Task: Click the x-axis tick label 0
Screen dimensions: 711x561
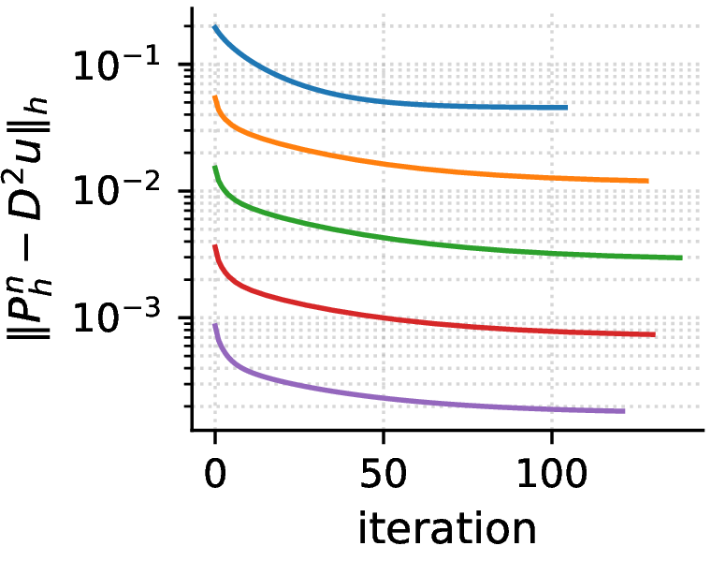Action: tap(215, 473)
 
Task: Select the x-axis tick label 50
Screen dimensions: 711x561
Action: tap(384, 473)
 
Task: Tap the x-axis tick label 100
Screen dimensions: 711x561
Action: tap(552, 473)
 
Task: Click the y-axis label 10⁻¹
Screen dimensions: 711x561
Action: tap(117, 65)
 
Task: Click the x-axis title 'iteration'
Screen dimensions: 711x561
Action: tap(447, 528)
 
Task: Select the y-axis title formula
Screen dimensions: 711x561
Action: tap(28, 218)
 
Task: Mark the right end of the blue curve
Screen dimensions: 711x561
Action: tap(567, 108)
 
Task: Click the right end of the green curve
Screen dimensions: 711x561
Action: tap(681, 258)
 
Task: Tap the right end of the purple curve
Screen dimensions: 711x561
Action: tap(624, 411)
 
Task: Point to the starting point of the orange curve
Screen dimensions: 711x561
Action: tap(215, 96)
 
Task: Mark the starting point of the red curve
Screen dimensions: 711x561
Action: tap(215, 246)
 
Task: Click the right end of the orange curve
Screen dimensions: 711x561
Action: tap(647, 181)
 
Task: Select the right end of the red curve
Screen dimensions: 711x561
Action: tap(655, 334)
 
